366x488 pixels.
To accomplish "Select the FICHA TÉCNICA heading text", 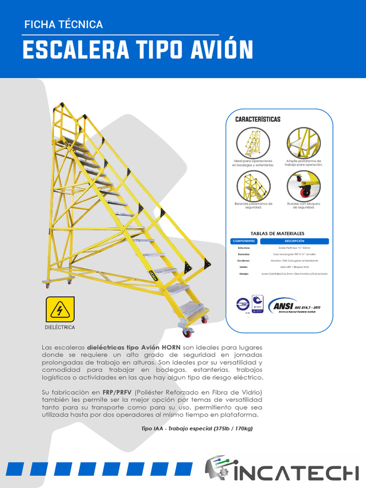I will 63,24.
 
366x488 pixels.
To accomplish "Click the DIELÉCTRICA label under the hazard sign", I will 61,328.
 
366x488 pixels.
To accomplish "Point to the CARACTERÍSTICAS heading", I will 258,119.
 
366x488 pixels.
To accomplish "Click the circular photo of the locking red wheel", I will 303,185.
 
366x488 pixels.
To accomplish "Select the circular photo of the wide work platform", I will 303,142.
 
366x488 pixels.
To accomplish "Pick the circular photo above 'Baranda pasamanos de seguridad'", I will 254,185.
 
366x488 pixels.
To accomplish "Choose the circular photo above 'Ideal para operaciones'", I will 254,142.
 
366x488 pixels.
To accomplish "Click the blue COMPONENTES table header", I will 244,241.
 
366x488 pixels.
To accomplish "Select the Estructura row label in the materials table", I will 244,248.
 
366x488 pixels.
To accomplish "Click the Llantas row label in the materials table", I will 244,267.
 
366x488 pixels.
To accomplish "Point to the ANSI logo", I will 294,306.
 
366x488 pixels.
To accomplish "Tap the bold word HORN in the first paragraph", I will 170,348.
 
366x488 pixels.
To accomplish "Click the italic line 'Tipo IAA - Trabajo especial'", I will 197,429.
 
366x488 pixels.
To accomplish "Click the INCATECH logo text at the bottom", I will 295,472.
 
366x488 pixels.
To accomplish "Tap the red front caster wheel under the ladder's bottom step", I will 187,333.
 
